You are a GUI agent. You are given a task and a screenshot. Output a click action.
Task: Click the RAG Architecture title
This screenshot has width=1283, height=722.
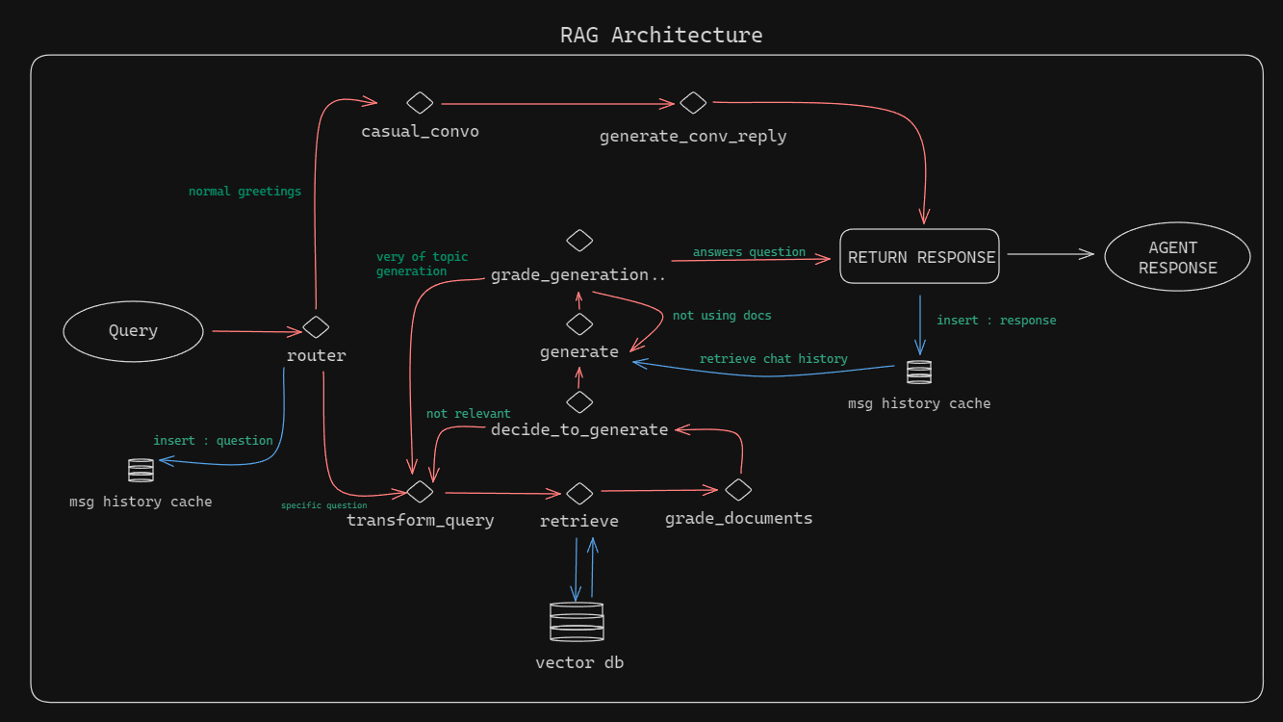(x=661, y=36)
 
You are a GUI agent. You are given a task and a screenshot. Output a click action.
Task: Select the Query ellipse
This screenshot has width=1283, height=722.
(x=133, y=331)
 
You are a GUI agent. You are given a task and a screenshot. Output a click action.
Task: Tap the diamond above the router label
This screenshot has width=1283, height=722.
(x=316, y=327)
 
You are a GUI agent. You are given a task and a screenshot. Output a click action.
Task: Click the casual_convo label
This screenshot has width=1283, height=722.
(x=420, y=131)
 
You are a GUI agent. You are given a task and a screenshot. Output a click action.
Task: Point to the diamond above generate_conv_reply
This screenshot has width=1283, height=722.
(x=693, y=103)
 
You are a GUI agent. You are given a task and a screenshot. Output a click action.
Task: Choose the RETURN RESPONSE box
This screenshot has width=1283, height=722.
(x=919, y=257)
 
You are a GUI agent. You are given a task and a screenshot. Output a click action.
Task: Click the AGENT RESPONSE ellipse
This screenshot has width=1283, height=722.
(x=1177, y=257)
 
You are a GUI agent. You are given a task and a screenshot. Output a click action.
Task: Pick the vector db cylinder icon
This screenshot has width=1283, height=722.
(x=577, y=622)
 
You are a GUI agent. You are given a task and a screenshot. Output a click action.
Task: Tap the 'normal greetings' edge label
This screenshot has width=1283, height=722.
(x=244, y=192)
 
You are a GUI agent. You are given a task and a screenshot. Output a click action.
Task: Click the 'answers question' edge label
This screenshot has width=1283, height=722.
(x=749, y=252)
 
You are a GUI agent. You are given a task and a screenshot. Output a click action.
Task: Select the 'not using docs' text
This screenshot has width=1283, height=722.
(x=722, y=316)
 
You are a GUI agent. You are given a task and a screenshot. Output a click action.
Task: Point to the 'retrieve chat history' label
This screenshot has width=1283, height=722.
(x=773, y=359)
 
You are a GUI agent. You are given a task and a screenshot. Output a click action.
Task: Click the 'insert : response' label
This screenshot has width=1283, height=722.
(x=996, y=321)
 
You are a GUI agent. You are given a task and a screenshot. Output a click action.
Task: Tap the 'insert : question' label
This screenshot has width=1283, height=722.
(x=213, y=441)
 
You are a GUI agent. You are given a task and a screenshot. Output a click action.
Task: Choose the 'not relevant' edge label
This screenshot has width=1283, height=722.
(x=468, y=414)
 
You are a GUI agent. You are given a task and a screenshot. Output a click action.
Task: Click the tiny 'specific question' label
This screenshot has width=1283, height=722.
(x=323, y=505)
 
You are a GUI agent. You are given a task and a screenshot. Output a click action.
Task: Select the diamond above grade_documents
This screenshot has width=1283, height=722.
(x=738, y=490)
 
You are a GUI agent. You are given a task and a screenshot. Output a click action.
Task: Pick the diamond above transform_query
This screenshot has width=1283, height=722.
(x=420, y=492)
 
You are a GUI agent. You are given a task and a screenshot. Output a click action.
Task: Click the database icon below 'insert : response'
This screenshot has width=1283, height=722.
(x=919, y=373)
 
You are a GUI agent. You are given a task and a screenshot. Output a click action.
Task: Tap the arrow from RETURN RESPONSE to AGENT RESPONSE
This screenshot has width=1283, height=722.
(x=1050, y=254)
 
